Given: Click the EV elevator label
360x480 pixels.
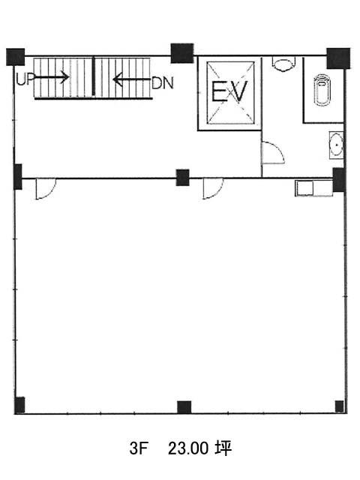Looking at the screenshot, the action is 229,91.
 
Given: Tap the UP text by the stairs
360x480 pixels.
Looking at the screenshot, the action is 25,80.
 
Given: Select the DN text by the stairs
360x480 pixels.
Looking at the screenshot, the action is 163,82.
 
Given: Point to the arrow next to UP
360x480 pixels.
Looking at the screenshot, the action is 51,76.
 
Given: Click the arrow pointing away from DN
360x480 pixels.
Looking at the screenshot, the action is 132,80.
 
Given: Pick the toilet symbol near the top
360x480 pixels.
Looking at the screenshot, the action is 283,64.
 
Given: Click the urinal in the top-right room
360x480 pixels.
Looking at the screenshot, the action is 321,90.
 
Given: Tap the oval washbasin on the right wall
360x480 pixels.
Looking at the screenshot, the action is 336,145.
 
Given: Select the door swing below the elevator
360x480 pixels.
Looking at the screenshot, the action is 273,153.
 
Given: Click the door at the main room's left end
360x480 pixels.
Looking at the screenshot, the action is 46,189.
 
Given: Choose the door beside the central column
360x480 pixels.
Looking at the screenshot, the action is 213,188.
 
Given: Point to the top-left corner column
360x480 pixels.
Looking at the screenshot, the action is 15,57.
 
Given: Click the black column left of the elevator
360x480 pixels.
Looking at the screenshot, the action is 182,53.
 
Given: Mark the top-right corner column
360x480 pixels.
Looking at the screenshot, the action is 338,58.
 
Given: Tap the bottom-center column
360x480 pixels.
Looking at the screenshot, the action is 184,407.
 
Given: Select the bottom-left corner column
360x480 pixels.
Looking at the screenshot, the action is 19,405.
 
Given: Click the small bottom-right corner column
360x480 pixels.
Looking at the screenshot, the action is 339,406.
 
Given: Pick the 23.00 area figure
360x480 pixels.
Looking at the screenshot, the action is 188,448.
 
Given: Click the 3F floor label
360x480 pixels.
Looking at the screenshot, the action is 139,448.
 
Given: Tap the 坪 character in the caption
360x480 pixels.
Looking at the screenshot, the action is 223,448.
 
